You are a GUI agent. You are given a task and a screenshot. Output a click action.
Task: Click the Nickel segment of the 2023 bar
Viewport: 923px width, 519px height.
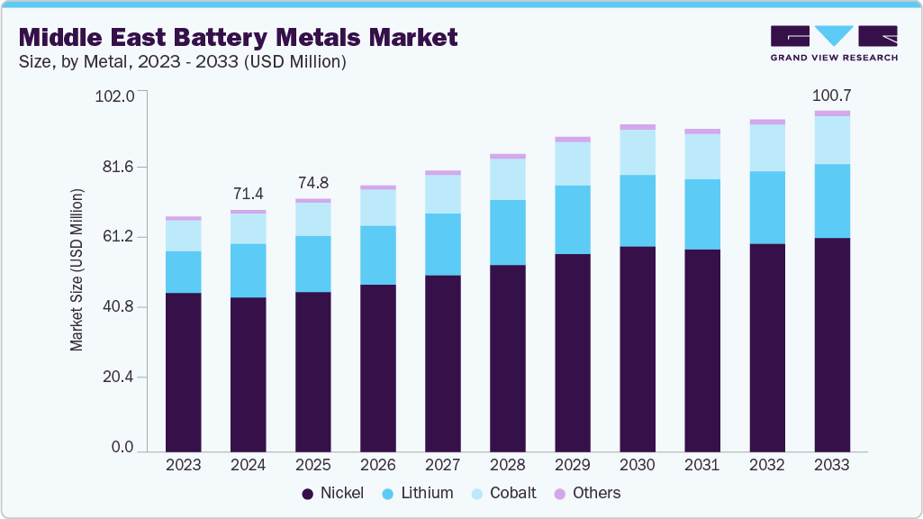pyautogui.click(x=184, y=371)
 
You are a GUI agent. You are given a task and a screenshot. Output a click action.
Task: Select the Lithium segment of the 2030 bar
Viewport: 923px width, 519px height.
pyautogui.click(x=638, y=210)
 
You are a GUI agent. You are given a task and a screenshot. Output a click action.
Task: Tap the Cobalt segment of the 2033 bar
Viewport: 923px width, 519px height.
pyautogui.click(x=832, y=140)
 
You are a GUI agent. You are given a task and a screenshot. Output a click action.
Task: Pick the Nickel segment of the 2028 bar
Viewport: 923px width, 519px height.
pyautogui.click(x=508, y=358)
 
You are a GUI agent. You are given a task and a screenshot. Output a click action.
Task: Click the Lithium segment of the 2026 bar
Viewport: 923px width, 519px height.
pyautogui.click(x=378, y=255)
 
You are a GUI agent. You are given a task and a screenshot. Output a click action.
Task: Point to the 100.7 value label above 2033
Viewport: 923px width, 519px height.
pyautogui.click(x=831, y=95)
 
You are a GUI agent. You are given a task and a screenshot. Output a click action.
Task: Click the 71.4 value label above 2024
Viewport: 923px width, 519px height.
pyautogui.click(x=249, y=194)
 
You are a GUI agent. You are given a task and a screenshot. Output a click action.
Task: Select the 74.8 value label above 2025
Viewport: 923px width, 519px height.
pyautogui.click(x=313, y=183)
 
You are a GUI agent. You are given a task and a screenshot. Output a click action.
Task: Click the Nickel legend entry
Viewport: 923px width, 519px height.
pyautogui.click(x=333, y=493)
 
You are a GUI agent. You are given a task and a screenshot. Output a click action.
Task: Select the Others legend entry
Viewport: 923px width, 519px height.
pyautogui.click(x=587, y=493)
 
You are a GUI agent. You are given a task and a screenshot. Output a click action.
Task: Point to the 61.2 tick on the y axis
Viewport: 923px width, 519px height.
pyautogui.click(x=116, y=237)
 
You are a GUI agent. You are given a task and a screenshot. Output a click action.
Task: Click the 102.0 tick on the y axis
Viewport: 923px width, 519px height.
pyautogui.click(x=114, y=96)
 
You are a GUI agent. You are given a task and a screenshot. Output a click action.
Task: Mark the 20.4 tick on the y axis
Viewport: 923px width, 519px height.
pyautogui.click(x=116, y=378)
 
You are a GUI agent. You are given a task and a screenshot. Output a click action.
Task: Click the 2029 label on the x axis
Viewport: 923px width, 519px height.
pyautogui.click(x=573, y=465)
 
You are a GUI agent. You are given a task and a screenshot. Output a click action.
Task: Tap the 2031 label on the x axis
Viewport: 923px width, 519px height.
pyautogui.click(x=702, y=465)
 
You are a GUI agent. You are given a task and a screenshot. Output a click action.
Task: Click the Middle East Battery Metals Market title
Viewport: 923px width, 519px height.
pyautogui.click(x=238, y=37)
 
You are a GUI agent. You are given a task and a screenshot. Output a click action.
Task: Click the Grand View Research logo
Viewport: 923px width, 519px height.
pyautogui.click(x=834, y=42)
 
